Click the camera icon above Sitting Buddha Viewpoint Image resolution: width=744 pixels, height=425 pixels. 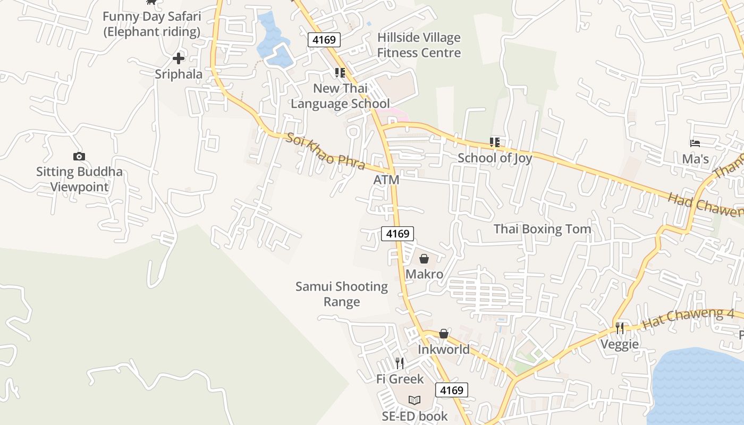(79, 156)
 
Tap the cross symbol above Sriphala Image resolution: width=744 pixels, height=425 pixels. (179, 58)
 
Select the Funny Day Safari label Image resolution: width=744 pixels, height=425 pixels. (151, 24)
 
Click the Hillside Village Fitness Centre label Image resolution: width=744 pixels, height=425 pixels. (419, 45)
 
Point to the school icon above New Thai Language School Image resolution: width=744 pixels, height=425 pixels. (340, 73)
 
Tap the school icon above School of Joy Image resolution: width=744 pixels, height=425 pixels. (495, 142)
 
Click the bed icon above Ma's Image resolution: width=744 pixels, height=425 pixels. (695, 143)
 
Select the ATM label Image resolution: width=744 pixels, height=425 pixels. (386, 180)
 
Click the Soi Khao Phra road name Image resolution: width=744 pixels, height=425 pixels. (325, 151)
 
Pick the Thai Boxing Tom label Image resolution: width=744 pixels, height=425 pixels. (542, 229)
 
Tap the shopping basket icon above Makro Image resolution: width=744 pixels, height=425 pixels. (424, 259)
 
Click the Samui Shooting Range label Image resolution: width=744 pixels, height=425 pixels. (342, 294)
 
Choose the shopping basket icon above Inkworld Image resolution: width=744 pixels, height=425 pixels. (443, 334)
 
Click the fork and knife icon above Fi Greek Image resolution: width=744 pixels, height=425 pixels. (400, 363)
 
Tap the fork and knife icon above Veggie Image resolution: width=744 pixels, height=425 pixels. (619, 328)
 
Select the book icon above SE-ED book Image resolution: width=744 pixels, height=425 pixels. (415, 400)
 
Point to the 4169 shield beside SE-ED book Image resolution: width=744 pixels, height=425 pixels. (452, 390)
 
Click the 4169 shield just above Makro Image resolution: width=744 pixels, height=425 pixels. (397, 234)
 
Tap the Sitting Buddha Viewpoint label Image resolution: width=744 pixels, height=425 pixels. (79, 179)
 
